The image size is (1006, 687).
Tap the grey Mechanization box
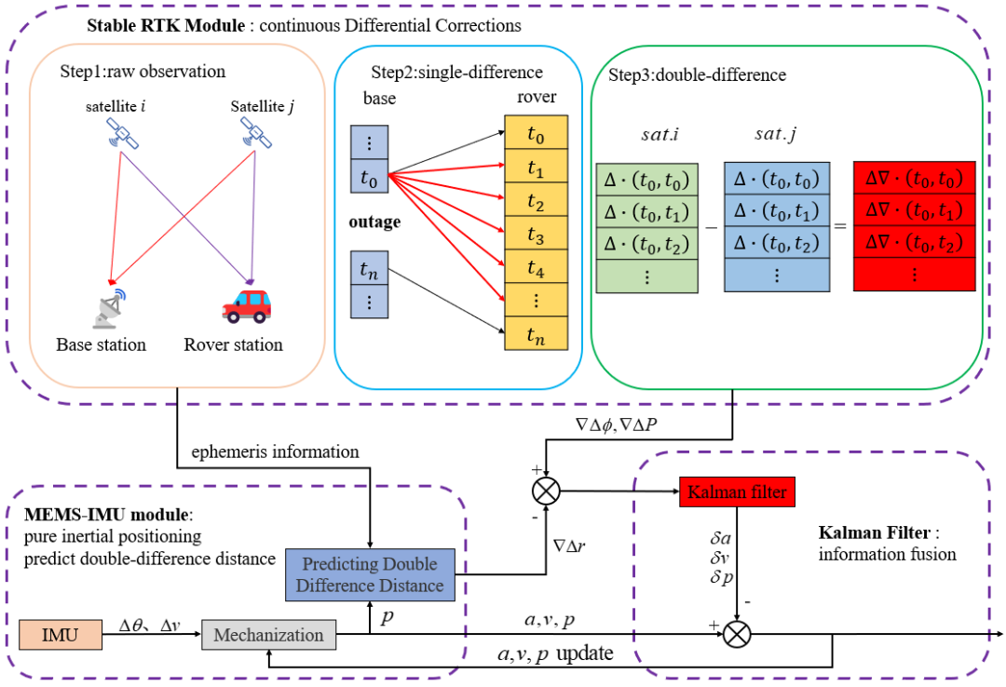click(268, 636)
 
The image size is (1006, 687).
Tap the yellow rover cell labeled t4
click(534, 269)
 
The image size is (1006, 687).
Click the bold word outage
click(374, 223)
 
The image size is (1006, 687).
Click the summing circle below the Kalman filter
click(736, 637)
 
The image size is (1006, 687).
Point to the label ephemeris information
click(276, 452)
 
